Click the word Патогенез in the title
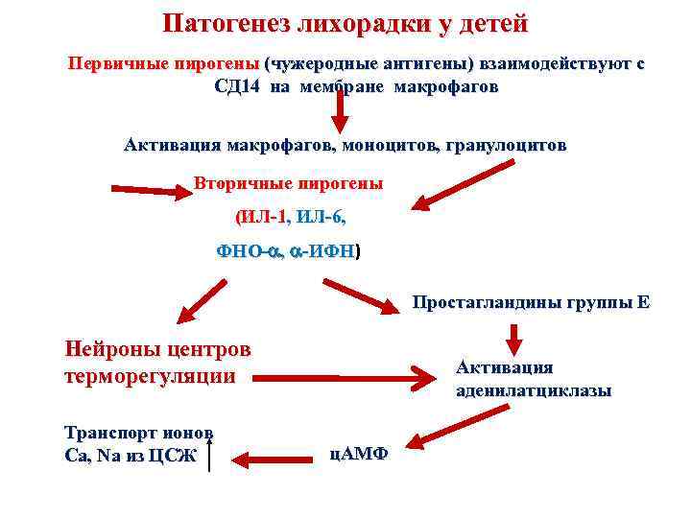click(222, 23)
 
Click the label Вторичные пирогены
click(288, 182)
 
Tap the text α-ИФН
click(323, 252)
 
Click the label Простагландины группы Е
click(531, 303)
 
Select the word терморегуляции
click(149, 375)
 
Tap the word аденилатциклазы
click(534, 391)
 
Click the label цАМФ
click(358, 453)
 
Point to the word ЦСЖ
click(172, 456)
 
